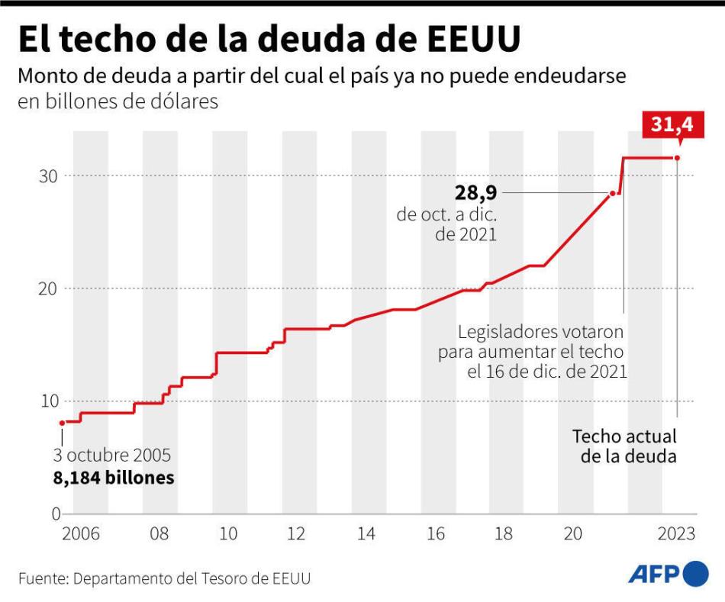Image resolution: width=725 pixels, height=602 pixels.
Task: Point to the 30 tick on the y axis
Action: point(50,176)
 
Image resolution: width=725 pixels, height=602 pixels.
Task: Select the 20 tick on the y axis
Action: point(50,288)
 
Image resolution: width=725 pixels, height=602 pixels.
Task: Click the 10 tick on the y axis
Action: point(50,401)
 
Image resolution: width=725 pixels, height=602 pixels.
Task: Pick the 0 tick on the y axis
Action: point(55,513)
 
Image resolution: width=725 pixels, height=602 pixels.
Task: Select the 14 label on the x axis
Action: point(366,534)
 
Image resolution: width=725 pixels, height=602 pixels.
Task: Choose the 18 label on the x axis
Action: point(504,534)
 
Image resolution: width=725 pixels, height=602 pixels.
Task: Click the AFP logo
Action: point(668,574)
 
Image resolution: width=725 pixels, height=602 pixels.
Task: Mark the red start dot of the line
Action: point(62,422)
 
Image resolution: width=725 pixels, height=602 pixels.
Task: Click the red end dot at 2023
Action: point(678,158)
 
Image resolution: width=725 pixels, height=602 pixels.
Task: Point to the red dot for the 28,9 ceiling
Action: point(612,194)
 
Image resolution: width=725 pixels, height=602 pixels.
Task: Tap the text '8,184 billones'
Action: point(113,478)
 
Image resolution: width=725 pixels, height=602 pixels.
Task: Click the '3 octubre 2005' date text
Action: point(112,456)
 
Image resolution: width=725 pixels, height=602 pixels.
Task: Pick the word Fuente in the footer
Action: point(41,578)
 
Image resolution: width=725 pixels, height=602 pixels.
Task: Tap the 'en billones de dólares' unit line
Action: point(118,101)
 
